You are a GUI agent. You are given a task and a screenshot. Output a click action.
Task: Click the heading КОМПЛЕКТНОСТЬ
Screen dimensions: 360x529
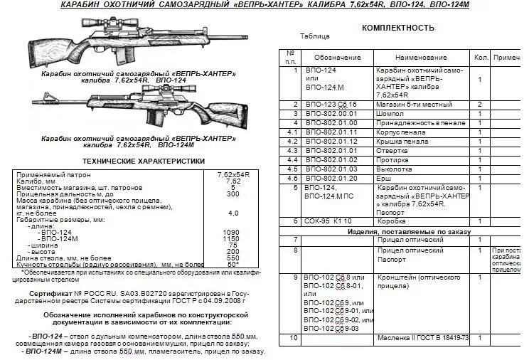pos(397,28)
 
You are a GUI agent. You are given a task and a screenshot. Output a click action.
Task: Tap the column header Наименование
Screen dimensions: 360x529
pos(420,55)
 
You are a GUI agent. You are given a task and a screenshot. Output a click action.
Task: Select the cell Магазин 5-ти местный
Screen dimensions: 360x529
pos(410,104)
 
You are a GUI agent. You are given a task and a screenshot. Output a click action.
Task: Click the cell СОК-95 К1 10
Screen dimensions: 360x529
pos(328,221)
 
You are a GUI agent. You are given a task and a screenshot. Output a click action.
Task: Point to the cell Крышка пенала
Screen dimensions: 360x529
pos(402,142)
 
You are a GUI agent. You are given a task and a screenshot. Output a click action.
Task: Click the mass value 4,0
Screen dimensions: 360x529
pos(233,213)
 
